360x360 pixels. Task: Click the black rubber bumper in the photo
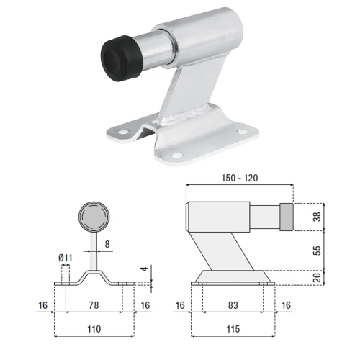point(120,58)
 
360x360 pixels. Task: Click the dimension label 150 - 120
point(240,179)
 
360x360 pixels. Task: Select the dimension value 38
point(317,217)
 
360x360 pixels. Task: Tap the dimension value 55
point(317,251)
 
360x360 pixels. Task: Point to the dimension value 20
point(317,278)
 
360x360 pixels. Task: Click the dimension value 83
point(233,305)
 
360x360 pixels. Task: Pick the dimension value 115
point(233,329)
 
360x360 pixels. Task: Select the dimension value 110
point(94,329)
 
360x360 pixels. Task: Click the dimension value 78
point(94,305)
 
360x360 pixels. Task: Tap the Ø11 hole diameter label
point(66,258)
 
